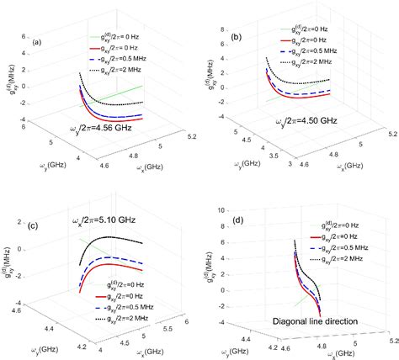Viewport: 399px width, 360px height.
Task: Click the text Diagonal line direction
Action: [x=314, y=320]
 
